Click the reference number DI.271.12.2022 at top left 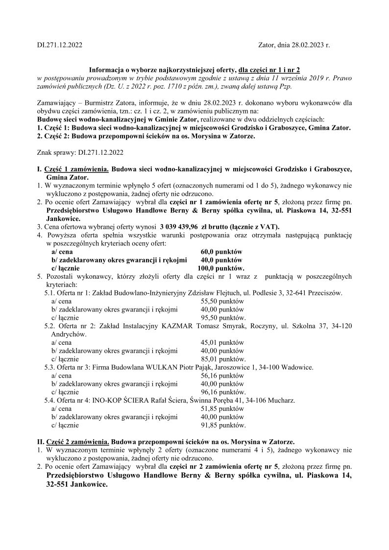60,46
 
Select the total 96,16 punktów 223,392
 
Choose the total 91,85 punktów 223,426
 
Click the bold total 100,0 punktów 220,268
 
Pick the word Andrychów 69,335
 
